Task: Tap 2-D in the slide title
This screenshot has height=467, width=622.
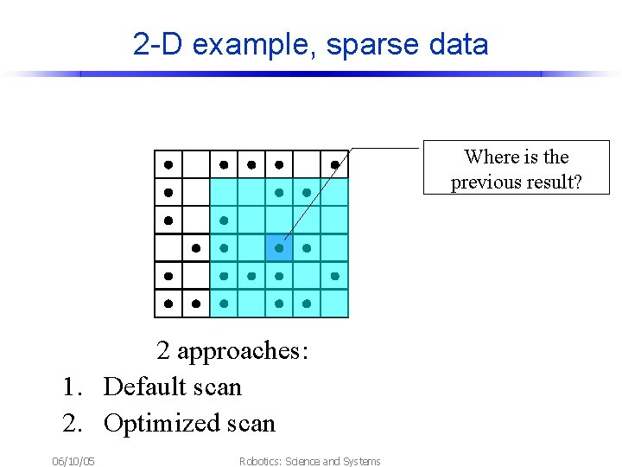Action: click(x=159, y=44)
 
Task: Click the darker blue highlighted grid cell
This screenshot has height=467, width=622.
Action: click(x=278, y=248)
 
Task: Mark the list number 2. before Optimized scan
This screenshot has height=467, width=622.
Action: click(x=73, y=423)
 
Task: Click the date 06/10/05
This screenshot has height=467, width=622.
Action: click(x=73, y=461)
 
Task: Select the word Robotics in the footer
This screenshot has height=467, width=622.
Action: click(x=259, y=461)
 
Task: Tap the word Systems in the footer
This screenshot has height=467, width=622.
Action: click(x=361, y=461)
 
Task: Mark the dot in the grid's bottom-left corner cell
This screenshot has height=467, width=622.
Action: click(x=168, y=304)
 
